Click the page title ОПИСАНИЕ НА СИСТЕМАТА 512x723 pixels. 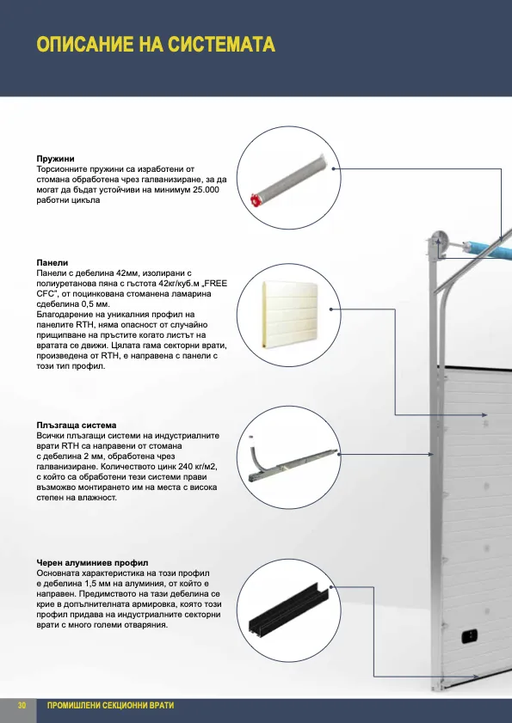coord(156,45)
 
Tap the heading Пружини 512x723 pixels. coord(55,159)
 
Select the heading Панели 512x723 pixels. coord(52,263)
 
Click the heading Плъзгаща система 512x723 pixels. coord(77,426)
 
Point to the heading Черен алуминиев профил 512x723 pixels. coord(92,563)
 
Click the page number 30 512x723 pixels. coord(22,706)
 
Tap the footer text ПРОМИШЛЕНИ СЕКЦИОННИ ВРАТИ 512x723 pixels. coord(110,706)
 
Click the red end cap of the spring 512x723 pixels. coord(256,199)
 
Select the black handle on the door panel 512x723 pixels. coord(469,637)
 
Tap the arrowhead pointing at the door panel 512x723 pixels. coord(484,415)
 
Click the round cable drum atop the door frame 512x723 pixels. coord(439,242)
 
